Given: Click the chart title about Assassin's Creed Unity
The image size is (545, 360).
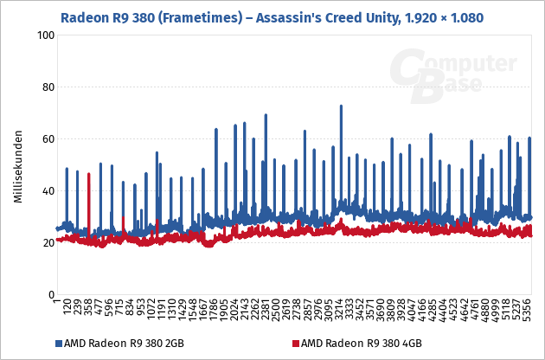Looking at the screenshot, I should [272, 16].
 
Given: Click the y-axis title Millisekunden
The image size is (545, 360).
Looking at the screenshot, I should [17, 169].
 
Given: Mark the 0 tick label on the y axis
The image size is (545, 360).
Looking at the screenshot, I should [48, 294].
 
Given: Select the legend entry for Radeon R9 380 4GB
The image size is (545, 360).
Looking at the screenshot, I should [355, 344].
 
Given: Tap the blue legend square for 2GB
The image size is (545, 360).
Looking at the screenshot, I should [59, 344].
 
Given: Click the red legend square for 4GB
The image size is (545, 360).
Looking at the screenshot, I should [294, 344].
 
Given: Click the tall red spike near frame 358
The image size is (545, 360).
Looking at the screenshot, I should [89, 175].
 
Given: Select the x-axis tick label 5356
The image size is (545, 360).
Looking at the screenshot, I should [529, 313].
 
